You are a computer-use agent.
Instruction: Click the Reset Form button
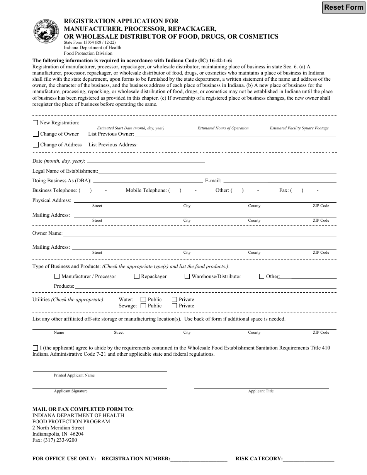tap(343, 7)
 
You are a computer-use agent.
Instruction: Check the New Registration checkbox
tap(36, 123)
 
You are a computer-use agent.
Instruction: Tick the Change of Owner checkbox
tap(36, 134)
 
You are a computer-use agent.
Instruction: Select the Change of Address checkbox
tap(36, 145)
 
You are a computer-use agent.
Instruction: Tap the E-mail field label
tap(213, 180)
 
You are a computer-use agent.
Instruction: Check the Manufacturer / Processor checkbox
tap(57, 277)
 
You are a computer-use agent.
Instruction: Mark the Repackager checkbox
tap(137, 277)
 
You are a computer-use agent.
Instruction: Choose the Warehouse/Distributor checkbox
tap(187, 277)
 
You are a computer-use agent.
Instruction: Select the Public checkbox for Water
tap(143, 300)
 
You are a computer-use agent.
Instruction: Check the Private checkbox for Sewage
tap(175, 306)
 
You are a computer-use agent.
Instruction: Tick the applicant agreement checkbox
tap(36, 348)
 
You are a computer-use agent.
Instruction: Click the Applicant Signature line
tap(99, 387)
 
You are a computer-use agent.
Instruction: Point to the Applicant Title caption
tap(261, 391)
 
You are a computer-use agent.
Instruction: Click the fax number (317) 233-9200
tap(54, 440)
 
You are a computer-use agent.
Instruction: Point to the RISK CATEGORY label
tap(259, 459)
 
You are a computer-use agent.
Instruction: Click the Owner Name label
tap(47, 233)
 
